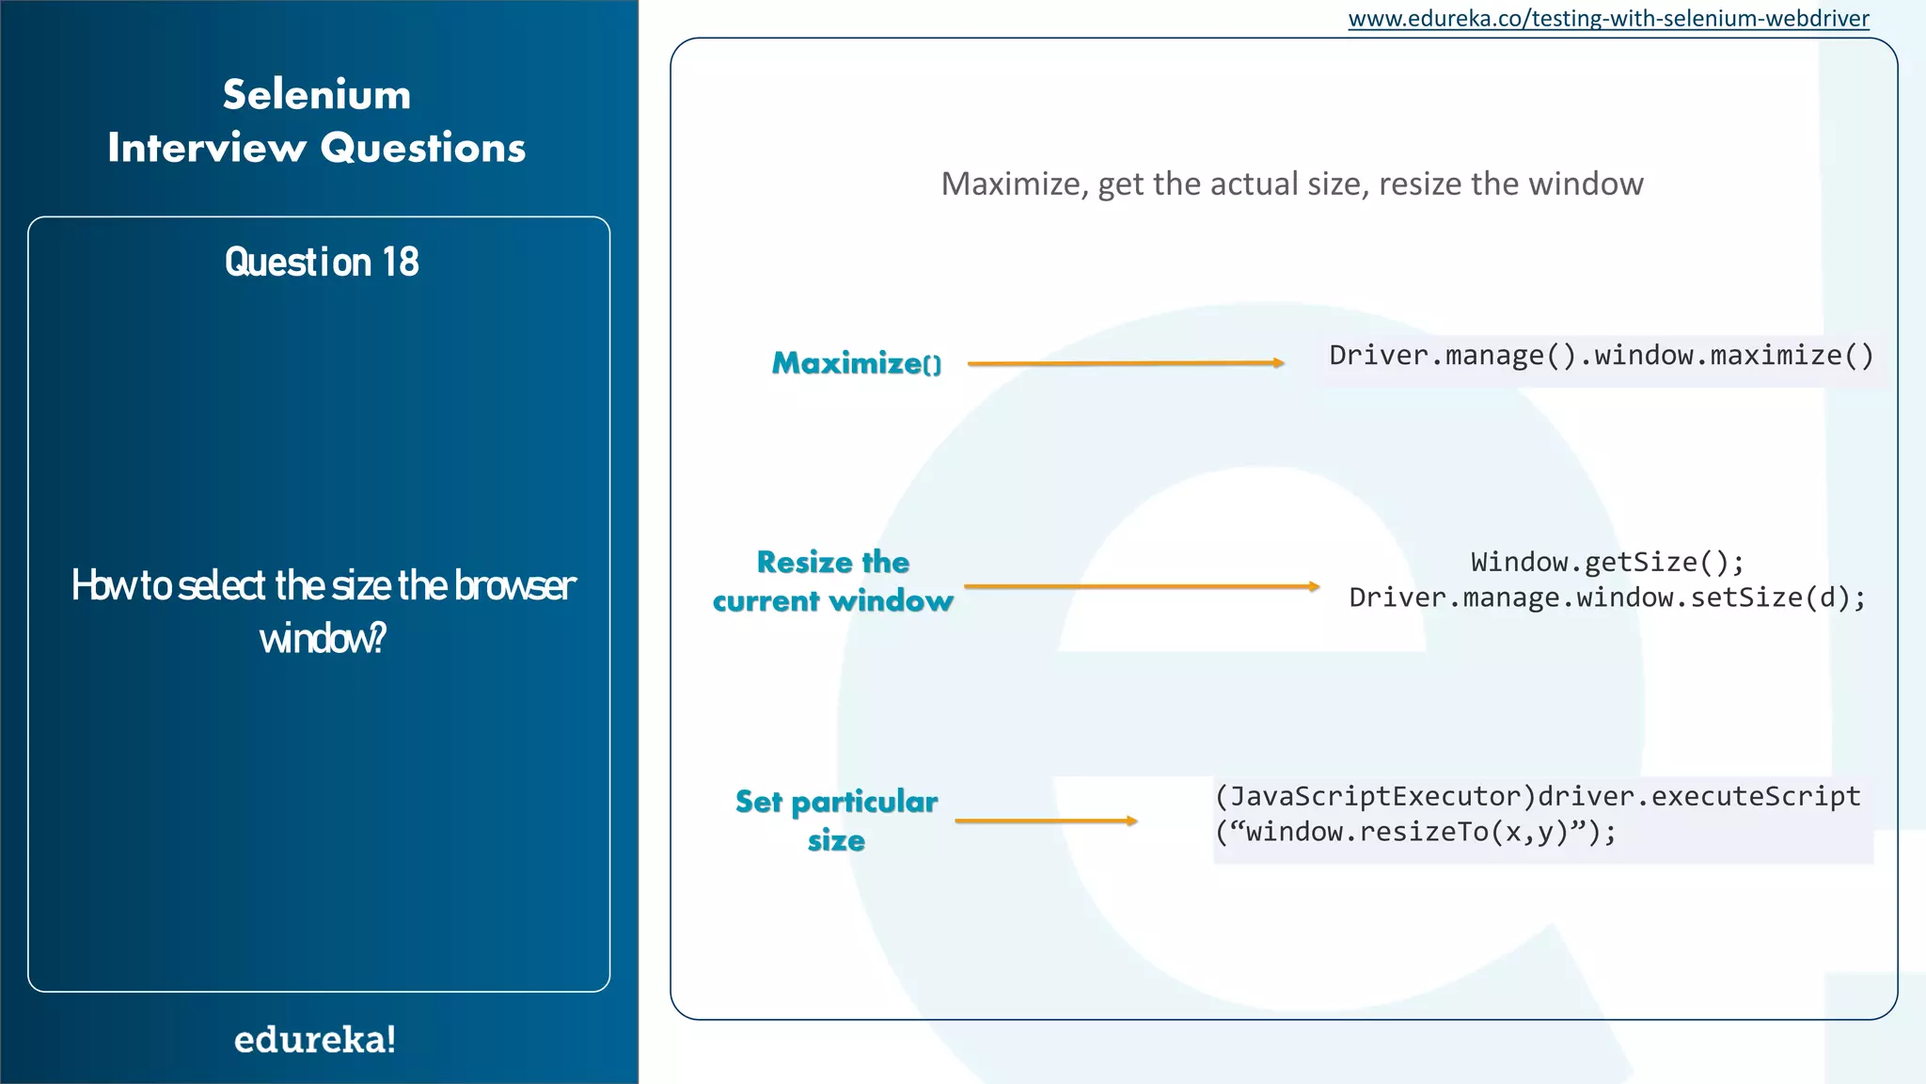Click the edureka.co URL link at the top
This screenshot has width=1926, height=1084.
1608,19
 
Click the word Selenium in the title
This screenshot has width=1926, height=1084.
317,95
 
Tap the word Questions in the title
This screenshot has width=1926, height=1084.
422,148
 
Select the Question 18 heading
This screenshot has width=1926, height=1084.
321,263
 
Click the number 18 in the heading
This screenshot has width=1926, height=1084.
400,263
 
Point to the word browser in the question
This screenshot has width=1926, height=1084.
514,585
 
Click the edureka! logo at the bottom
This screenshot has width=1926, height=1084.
315,1040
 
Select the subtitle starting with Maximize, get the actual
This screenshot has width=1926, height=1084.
1291,183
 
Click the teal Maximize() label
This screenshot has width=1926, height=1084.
856,363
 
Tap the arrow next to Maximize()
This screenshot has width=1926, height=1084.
1125,363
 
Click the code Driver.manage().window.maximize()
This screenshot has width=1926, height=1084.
1601,356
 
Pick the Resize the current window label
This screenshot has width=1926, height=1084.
833,582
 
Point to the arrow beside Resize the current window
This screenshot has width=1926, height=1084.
1141,586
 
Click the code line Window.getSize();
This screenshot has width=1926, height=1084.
1607,562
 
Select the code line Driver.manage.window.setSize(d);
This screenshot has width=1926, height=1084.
1607,598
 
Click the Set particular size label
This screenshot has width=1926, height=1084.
836,820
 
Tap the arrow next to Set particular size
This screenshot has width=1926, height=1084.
1046,821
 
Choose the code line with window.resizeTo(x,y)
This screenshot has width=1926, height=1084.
1415,832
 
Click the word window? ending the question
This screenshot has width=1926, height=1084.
323,639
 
